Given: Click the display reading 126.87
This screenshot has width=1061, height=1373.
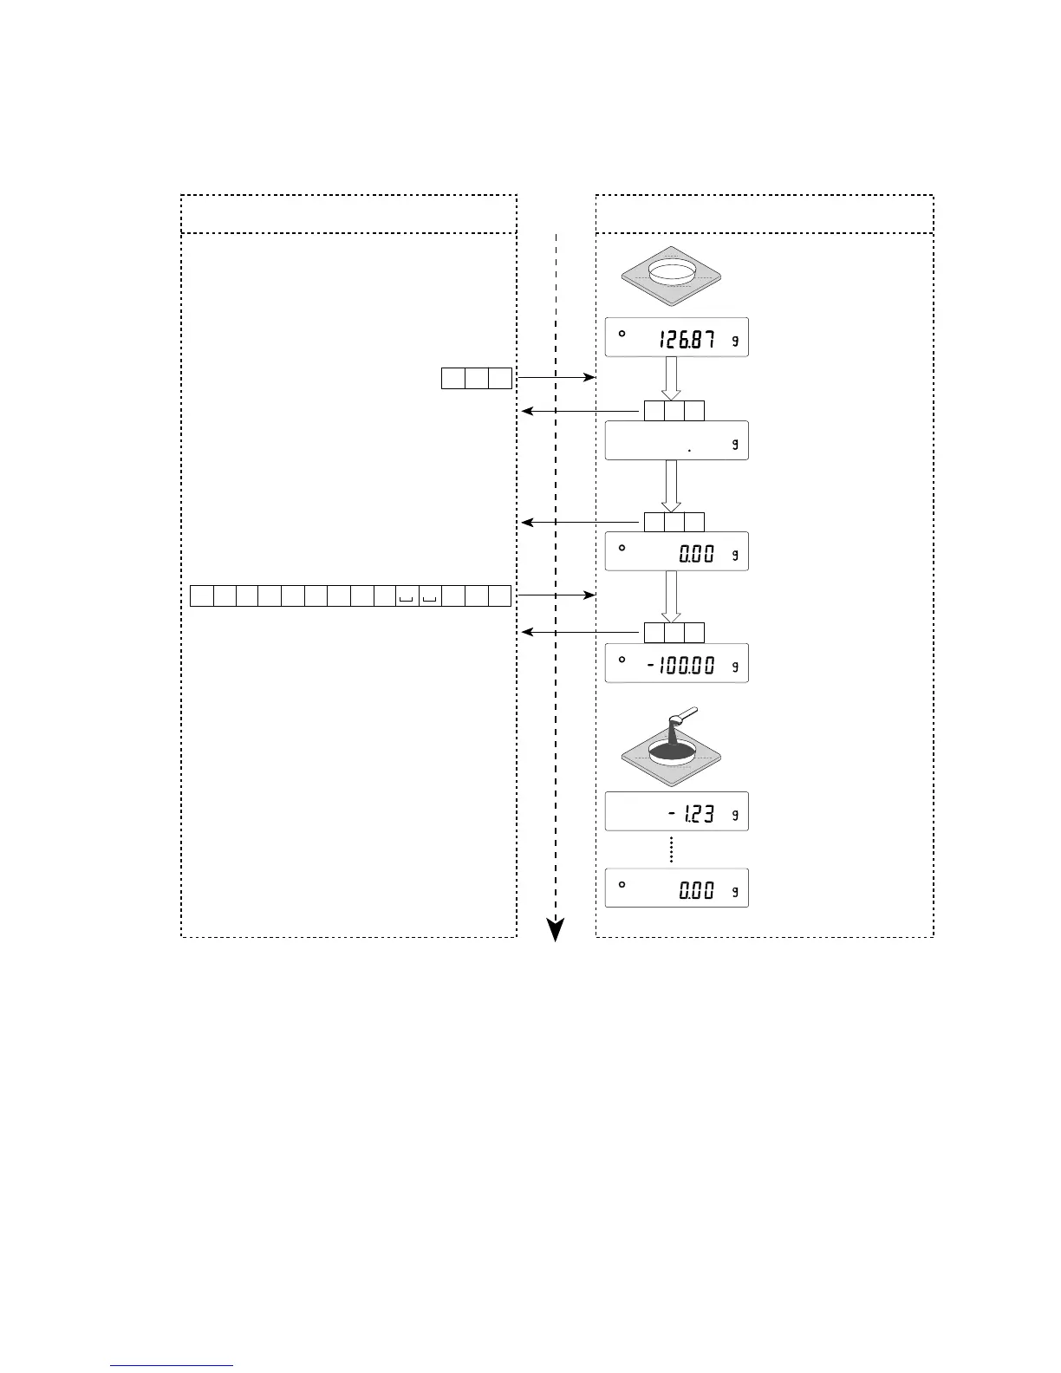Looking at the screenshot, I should [676, 337].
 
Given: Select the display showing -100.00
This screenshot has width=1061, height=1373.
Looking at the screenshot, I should [676, 664].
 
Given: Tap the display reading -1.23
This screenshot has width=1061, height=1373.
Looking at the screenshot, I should [676, 812].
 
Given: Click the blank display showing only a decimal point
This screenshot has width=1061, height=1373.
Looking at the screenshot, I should [676, 441].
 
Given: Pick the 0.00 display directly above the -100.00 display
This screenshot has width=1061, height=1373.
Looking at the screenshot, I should [676, 552].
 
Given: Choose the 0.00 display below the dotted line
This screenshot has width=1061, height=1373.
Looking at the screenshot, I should [676, 888].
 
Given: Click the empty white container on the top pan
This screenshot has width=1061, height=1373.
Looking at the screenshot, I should [672, 270].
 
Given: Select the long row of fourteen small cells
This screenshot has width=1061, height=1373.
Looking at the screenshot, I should [350, 595].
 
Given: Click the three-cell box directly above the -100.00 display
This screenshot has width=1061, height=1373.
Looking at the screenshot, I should [674, 632].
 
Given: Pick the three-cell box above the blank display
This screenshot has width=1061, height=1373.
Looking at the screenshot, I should [674, 411].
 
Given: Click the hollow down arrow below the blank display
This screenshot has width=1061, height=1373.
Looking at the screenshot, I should [671, 485].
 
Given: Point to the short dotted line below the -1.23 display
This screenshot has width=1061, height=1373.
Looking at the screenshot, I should [671, 849].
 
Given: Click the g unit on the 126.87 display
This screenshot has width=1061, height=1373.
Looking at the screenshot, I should [735, 341].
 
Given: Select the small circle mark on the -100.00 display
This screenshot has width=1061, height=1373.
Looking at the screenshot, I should [622, 659].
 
